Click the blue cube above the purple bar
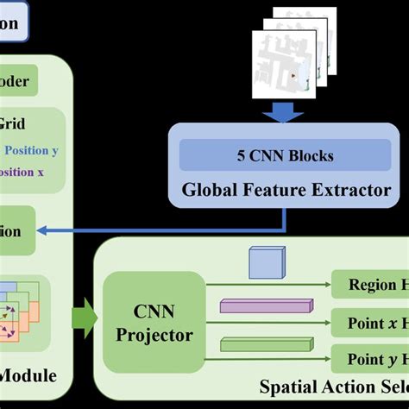point(266,263)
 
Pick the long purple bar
point(265,306)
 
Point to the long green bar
point(265,345)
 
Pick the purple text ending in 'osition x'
point(22,172)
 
